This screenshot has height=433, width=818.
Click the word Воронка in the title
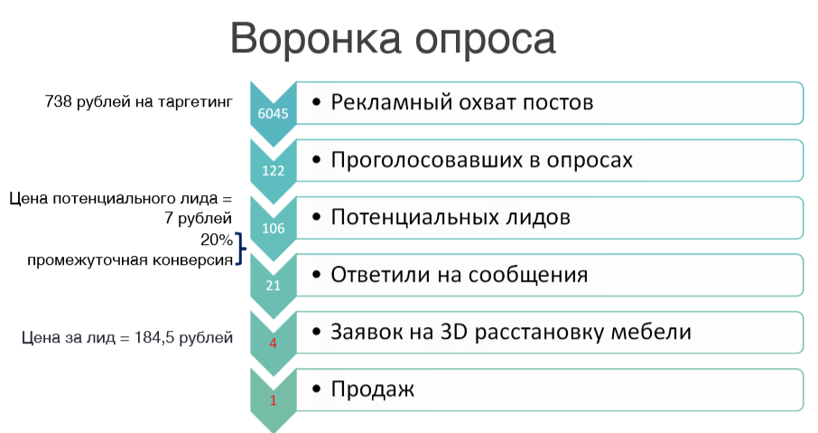tap(315, 38)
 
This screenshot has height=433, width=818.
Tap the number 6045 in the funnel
tap(273, 113)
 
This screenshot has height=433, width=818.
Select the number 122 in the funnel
tap(273, 171)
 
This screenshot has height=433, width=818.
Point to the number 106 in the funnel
tap(273, 229)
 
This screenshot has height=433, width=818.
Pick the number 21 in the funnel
tap(273, 286)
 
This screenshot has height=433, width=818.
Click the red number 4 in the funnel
tap(273, 344)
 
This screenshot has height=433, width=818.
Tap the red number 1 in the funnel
tap(273, 400)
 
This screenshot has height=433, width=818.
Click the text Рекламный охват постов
tap(461, 102)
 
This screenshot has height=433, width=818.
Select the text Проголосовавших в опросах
tap(481, 160)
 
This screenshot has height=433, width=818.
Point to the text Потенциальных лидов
tap(451, 218)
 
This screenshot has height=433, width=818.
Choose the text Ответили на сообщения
tap(459, 276)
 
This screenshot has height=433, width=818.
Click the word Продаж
tap(373, 390)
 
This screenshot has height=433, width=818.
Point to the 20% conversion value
tap(217, 240)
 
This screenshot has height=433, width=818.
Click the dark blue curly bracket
tap(240, 249)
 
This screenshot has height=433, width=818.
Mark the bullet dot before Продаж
tap(316, 389)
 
